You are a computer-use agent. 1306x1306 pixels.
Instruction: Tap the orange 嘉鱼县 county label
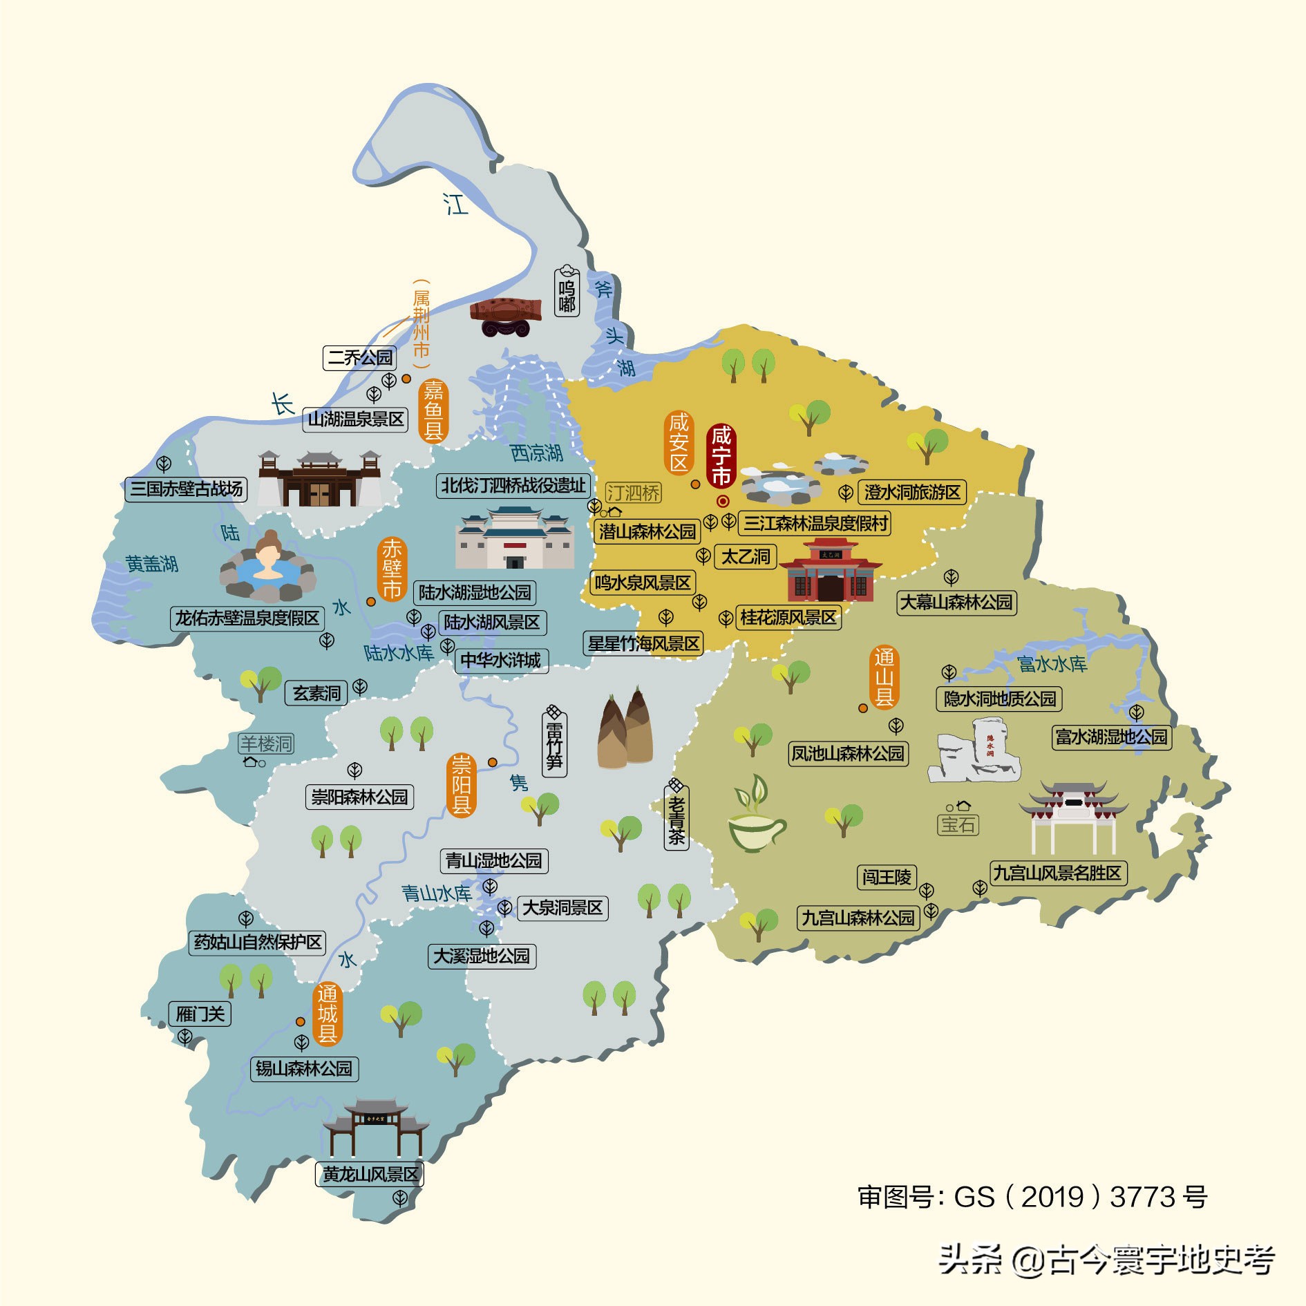pos(433,410)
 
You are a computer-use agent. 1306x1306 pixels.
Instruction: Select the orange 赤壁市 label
pos(392,569)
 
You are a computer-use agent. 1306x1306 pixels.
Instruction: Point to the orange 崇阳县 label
pos(461,785)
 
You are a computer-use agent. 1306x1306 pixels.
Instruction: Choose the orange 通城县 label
pos(328,1014)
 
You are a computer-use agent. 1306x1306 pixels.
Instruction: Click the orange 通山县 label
pos(884,677)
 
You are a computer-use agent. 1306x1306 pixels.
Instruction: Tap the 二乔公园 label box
pos(359,357)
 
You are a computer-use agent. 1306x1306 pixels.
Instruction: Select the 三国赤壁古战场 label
pos(186,489)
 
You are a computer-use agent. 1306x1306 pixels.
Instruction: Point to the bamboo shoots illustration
pos(625,732)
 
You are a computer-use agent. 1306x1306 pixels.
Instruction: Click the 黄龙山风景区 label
pos(370,1174)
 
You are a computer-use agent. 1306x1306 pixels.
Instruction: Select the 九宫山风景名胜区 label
pos(1058,873)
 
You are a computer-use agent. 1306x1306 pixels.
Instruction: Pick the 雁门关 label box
pos(200,1014)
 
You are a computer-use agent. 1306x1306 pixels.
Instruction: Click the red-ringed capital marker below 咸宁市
pos(723,501)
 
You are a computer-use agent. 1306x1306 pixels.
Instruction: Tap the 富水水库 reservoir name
pos(1052,664)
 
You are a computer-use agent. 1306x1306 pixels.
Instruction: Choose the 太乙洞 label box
pos(745,556)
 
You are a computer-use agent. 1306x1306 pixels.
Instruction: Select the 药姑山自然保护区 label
pos(257,942)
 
